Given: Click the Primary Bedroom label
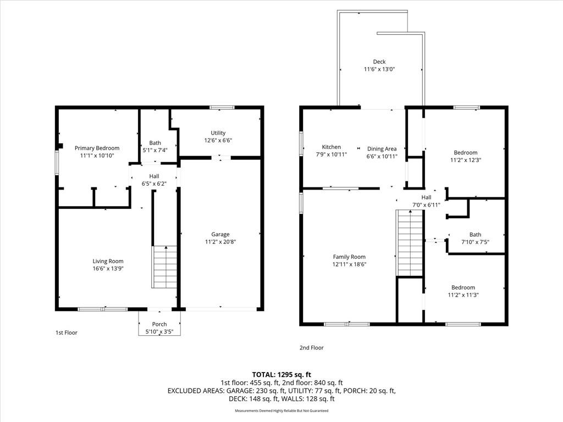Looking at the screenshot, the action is (x=97, y=148).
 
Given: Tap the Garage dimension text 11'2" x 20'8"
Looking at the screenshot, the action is (x=220, y=242).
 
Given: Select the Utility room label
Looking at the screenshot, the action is (x=218, y=133).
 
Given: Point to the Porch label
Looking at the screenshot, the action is (x=159, y=324).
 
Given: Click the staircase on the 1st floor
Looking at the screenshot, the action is (x=164, y=267).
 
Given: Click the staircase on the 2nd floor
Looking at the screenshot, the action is (x=409, y=243).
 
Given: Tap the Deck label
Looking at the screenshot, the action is (x=379, y=62).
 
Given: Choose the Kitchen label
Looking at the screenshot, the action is (x=331, y=147).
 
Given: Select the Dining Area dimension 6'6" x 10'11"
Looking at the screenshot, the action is (x=382, y=157).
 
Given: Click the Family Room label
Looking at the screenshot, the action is (x=349, y=257).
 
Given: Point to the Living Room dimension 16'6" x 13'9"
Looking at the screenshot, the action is (x=108, y=269).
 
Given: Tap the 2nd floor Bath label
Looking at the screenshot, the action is (x=475, y=234).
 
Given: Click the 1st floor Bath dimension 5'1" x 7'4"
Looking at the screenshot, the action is (x=155, y=151).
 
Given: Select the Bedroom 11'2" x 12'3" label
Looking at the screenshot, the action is (x=466, y=153).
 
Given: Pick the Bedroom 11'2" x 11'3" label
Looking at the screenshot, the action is (x=463, y=287).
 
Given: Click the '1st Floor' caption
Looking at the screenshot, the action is (x=67, y=332).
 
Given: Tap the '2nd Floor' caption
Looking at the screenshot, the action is (x=312, y=348).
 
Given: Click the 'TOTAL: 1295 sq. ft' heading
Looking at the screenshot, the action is (x=281, y=375).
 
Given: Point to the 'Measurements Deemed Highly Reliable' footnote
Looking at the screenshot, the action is (x=281, y=410).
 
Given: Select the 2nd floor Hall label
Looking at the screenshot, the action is (x=426, y=197).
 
